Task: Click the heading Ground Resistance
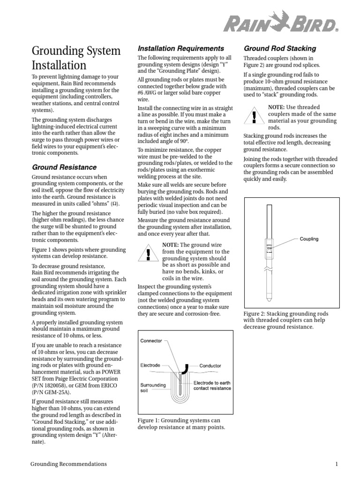(x=64, y=167)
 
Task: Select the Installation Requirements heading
(x=180, y=48)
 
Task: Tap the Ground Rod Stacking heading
(x=280, y=48)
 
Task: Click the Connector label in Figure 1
(x=151, y=341)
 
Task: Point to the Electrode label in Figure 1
(x=150, y=365)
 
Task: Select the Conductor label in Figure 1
(x=210, y=366)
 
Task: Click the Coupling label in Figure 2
(x=309, y=239)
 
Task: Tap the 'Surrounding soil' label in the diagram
(x=153, y=388)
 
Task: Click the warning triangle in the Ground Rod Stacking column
(x=254, y=116)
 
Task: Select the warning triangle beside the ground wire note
(x=148, y=254)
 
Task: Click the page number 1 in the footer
(x=337, y=464)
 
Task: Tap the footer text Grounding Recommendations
(x=68, y=464)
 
